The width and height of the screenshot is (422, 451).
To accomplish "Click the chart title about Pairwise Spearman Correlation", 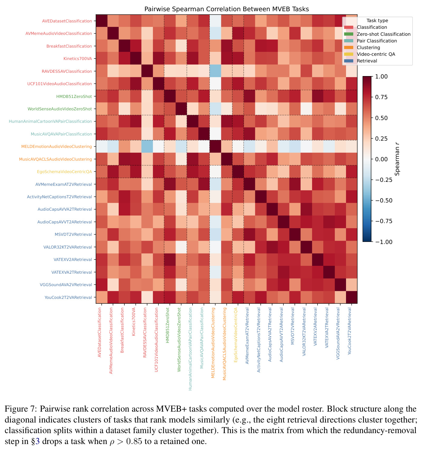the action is [226, 9].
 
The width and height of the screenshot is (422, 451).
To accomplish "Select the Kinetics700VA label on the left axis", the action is [77, 58].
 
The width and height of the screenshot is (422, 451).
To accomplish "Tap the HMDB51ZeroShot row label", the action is [74, 96].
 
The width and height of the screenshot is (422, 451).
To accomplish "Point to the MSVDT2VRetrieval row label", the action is [73, 234].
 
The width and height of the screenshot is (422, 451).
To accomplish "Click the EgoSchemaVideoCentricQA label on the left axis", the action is [64, 172].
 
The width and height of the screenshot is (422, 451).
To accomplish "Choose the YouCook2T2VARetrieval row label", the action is [68, 297].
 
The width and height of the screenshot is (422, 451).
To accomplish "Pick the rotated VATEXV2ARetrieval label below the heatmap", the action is [315, 327].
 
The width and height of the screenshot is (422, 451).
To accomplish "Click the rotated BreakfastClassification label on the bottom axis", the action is [122, 330].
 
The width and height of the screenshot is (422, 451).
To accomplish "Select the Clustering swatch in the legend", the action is [348, 48].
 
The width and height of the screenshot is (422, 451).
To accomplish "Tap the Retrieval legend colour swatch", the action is [348, 61].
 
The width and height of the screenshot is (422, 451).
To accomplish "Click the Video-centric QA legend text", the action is [376, 54].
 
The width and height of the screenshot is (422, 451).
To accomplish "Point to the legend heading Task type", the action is [377, 21].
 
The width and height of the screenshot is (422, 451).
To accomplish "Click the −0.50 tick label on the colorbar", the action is [384, 201].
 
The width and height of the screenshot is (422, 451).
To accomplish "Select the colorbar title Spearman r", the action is [397, 159].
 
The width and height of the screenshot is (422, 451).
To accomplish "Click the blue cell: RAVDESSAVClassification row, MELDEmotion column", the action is [215, 71].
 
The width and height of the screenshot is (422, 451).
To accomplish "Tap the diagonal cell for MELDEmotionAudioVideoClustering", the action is [215, 146].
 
